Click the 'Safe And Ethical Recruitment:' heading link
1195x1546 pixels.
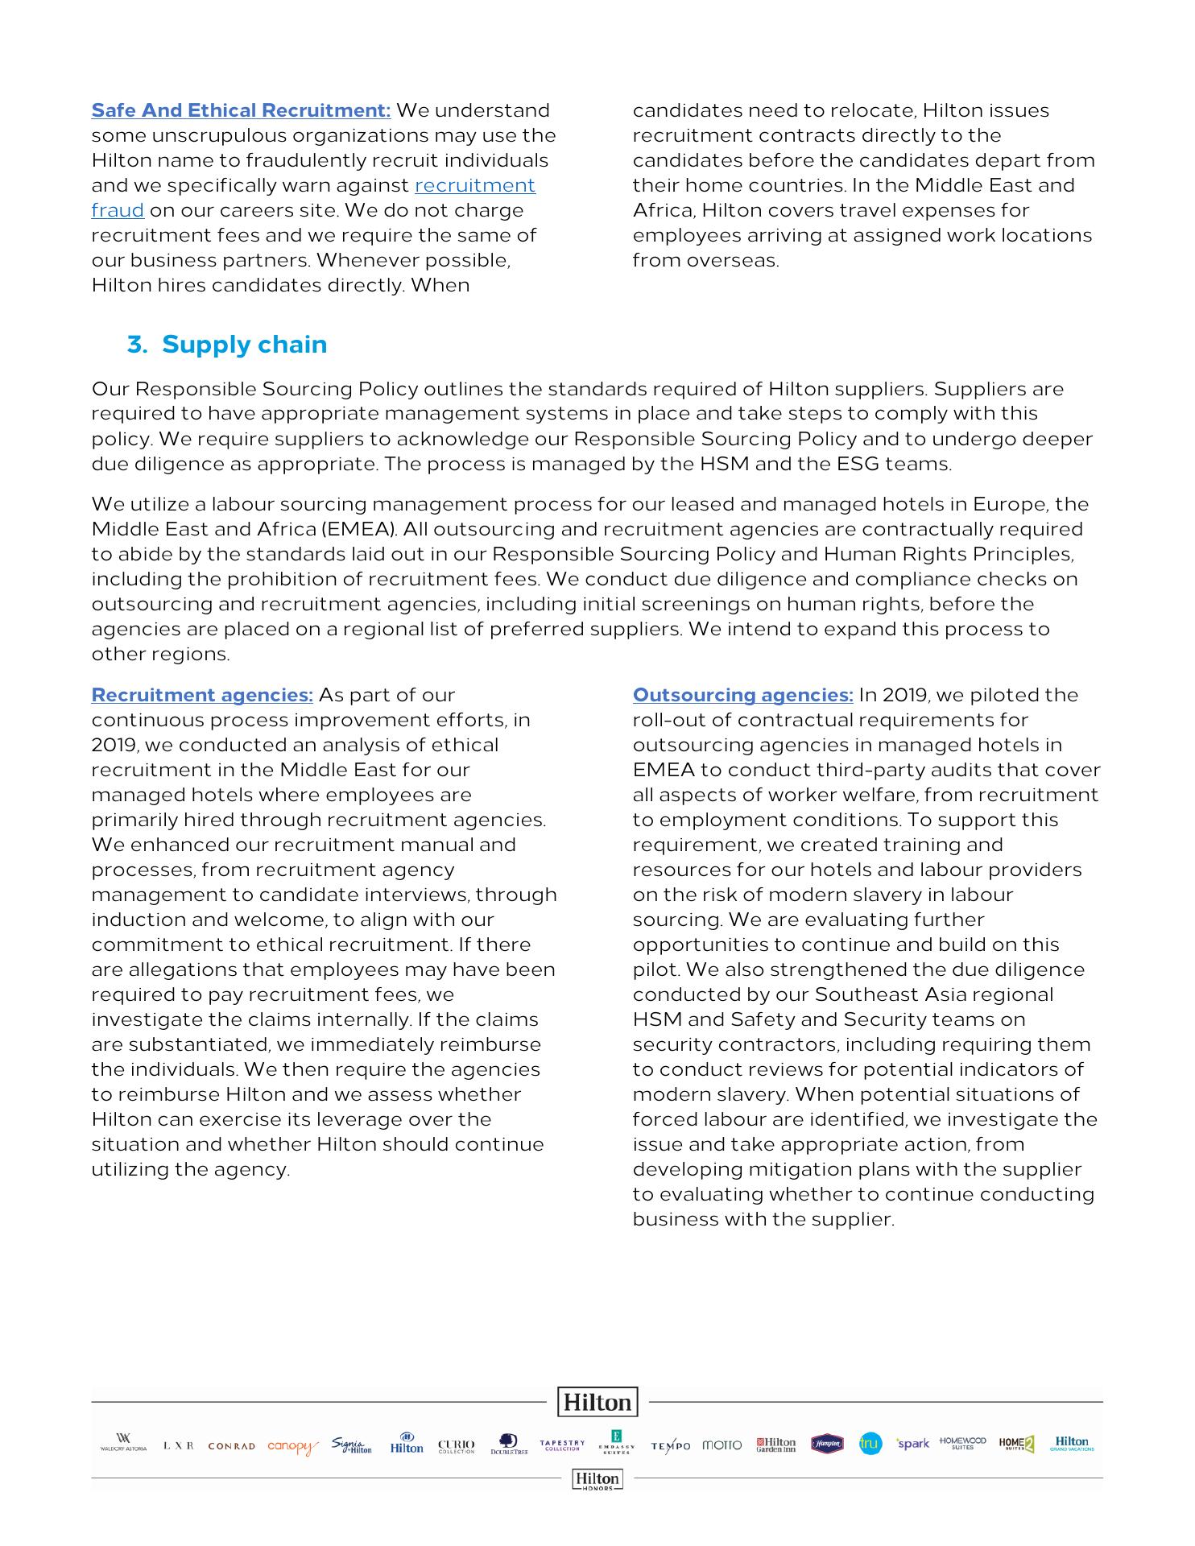(241, 111)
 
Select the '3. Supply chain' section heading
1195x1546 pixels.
(227, 345)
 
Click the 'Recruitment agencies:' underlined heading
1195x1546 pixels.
(202, 696)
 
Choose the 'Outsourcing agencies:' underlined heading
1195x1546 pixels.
(742, 696)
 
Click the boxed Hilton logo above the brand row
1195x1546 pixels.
(597, 1402)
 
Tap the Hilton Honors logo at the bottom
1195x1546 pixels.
(597, 1479)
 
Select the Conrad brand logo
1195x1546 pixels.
(231, 1446)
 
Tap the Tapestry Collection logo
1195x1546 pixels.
(562, 1445)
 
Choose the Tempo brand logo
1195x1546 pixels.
(670, 1446)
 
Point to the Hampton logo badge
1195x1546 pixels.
(827, 1445)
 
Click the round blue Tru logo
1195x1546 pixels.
(870, 1445)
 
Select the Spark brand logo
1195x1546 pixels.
(913, 1444)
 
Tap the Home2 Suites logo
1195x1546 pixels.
(1016, 1445)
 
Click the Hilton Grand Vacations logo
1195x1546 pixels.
(1072, 1443)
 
